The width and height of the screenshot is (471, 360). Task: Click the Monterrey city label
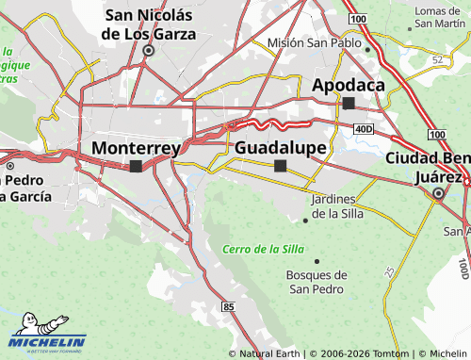(x=136, y=148)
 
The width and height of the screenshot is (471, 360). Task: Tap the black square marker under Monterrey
(x=136, y=166)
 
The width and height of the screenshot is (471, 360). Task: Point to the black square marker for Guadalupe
(x=280, y=166)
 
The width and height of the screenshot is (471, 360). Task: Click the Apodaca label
(x=349, y=85)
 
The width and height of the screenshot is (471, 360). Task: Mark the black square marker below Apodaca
(x=349, y=103)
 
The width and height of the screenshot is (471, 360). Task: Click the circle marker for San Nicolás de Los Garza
(x=148, y=51)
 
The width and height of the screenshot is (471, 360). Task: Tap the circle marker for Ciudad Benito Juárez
(x=438, y=194)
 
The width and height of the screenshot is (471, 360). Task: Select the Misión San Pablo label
(x=315, y=42)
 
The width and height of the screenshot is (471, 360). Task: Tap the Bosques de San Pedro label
(x=316, y=282)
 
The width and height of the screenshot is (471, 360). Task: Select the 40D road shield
(x=364, y=128)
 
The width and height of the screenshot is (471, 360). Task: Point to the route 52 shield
(x=438, y=59)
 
